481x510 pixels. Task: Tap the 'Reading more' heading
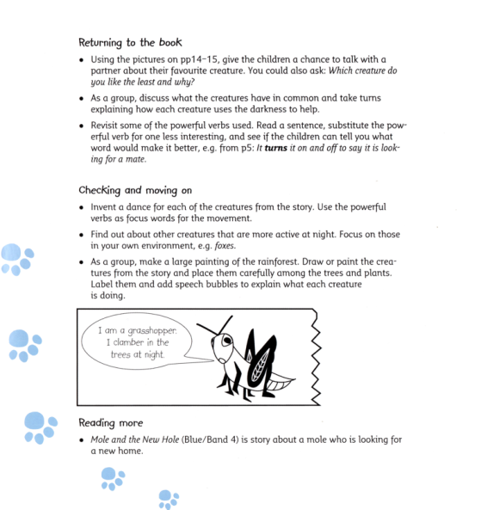(x=111, y=422)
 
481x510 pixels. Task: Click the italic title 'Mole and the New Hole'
(x=138, y=440)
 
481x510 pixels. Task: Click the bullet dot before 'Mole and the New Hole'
(x=81, y=440)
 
